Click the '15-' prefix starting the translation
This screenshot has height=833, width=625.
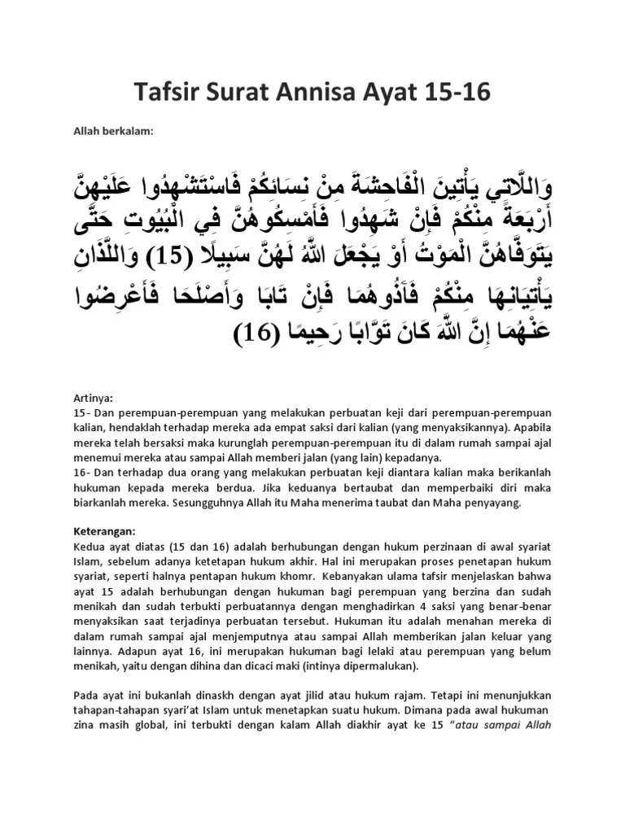click(81, 412)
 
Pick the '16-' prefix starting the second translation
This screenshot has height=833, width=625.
click(81, 473)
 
